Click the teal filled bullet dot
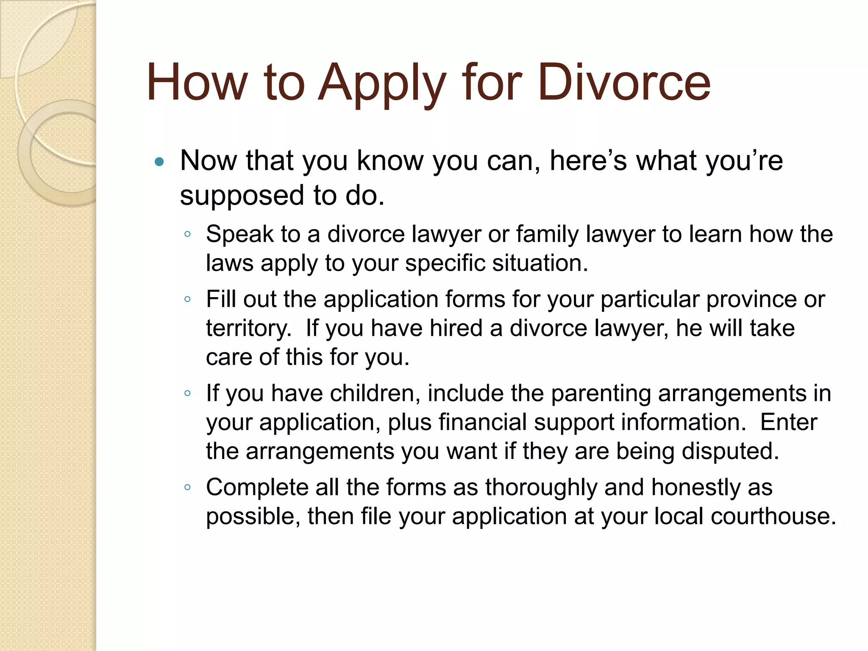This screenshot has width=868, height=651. point(159,161)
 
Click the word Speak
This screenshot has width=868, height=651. point(239,234)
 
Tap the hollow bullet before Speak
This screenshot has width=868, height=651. point(188,234)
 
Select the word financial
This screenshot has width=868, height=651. point(482,422)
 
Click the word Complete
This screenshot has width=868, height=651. point(257,487)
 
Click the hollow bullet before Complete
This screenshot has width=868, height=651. point(188,487)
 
